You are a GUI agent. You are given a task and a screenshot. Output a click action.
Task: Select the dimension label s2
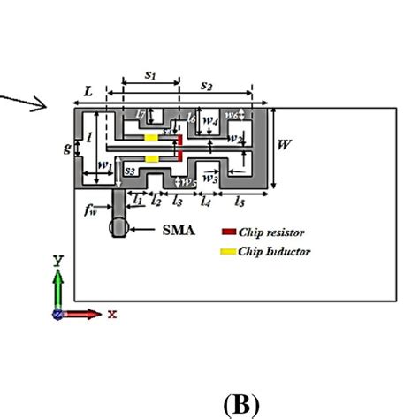click(x=205, y=85)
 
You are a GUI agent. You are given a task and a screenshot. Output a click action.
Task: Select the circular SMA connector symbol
click(x=118, y=227)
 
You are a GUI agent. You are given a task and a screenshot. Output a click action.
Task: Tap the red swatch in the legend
click(x=228, y=232)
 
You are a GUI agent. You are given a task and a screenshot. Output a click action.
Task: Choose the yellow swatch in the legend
click(x=228, y=252)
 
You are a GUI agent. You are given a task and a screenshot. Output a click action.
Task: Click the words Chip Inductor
click(x=275, y=252)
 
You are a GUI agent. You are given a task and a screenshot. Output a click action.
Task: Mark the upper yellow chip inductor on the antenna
click(x=151, y=138)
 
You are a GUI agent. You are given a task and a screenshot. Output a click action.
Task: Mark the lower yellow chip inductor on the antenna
click(x=151, y=159)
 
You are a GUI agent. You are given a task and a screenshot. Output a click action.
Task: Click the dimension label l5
click(x=239, y=202)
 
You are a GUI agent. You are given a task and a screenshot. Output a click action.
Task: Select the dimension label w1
click(x=104, y=164)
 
